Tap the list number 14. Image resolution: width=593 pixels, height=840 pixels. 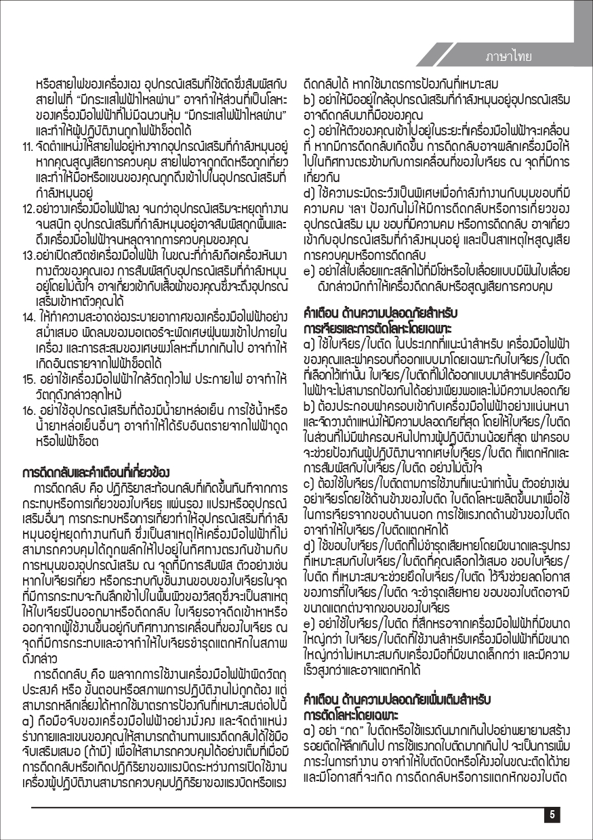[x=28, y=315]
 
